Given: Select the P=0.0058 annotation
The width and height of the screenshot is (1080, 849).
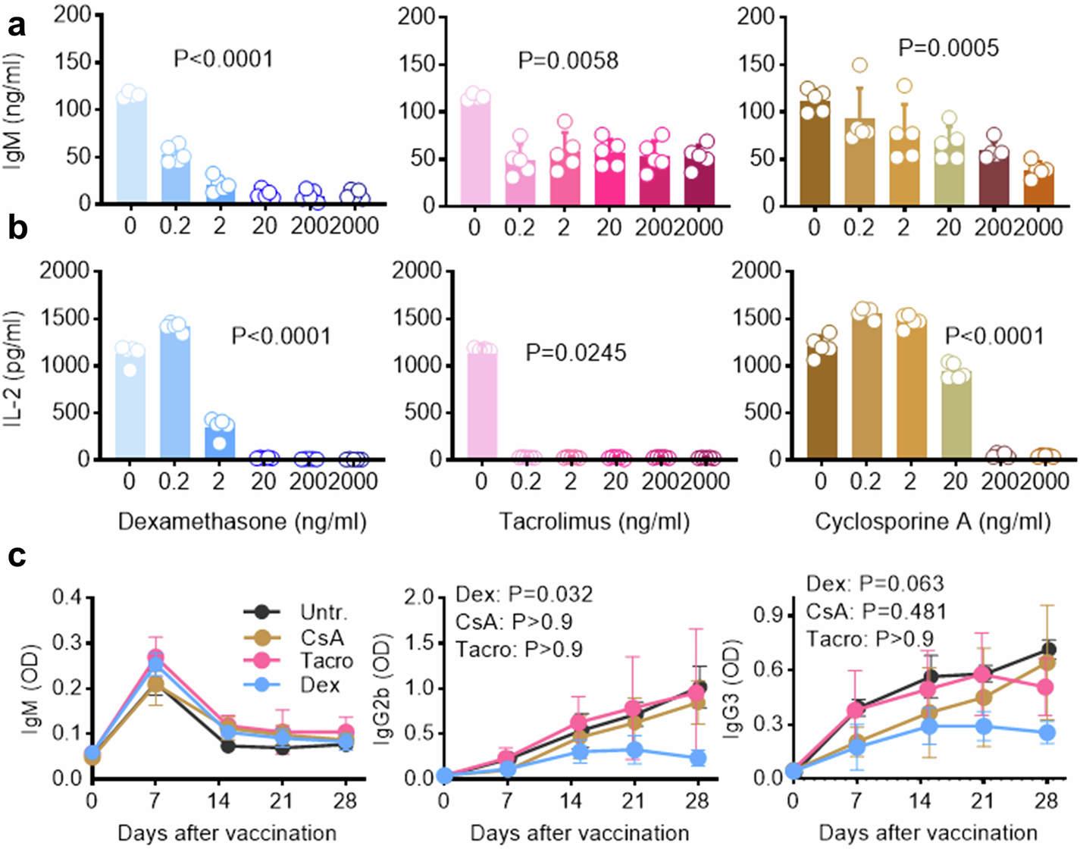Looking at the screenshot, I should click(568, 60).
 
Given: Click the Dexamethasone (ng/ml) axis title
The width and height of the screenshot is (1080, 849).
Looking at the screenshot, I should click(243, 522).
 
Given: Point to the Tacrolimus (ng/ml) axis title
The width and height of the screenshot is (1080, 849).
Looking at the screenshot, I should click(594, 522).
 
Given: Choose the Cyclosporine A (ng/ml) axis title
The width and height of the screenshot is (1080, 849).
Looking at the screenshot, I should click(933, 522).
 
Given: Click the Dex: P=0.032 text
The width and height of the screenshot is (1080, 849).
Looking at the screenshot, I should click(524, 594).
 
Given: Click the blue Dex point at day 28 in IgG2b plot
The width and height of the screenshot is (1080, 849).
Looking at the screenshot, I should click(697, 757).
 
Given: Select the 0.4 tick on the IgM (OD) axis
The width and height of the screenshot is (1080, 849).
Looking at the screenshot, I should click(67, 598).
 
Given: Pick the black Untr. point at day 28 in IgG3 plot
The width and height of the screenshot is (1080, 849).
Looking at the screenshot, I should click(1048, 650).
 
